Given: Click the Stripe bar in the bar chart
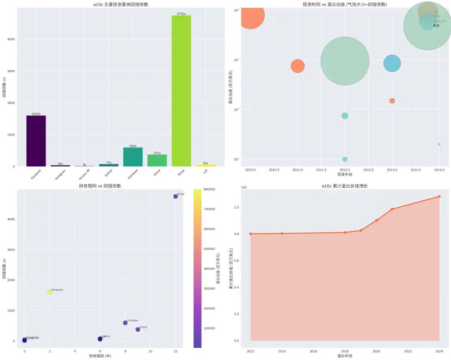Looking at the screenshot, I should tap(181, 91).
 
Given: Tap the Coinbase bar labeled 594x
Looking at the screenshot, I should tap(133, 157).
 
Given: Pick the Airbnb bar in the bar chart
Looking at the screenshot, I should tap(157, 161).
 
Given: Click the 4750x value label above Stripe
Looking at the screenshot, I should tap(181, 14).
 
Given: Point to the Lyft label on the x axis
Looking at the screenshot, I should tap(205, 171).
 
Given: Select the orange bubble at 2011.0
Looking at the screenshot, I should tap(298, 66).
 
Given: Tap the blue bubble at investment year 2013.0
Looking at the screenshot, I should tap(392, 63).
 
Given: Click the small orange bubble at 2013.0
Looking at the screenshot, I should tap(392, 101).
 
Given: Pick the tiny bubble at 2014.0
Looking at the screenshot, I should tap(439, 144).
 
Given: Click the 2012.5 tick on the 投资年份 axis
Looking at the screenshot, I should tap(368, 170).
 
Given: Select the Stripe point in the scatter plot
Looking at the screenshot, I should tap(175, 196).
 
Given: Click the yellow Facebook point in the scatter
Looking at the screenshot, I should tap(50, 292).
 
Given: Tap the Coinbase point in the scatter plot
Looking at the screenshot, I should tap(125, 323).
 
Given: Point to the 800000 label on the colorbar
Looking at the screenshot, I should tap(208, 189).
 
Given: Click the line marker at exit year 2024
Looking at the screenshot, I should tap(439, 196).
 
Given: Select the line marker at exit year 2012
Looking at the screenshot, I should tap(251, 234).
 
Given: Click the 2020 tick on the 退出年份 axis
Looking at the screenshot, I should tap(376, 351).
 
